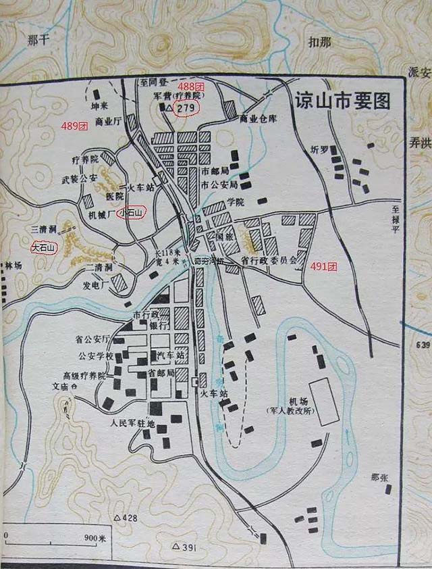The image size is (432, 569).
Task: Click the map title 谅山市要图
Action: [343, 101]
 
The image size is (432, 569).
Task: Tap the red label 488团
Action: [191, 88]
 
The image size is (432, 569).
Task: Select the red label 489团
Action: [74, 126]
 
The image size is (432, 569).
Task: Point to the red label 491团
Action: [323, 267]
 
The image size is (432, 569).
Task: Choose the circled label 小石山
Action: [130, 213]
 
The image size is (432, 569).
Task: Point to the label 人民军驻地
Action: [132, 424]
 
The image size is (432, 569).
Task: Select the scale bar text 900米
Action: [96, 538]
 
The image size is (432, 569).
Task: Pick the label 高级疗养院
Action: [84, 375]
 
